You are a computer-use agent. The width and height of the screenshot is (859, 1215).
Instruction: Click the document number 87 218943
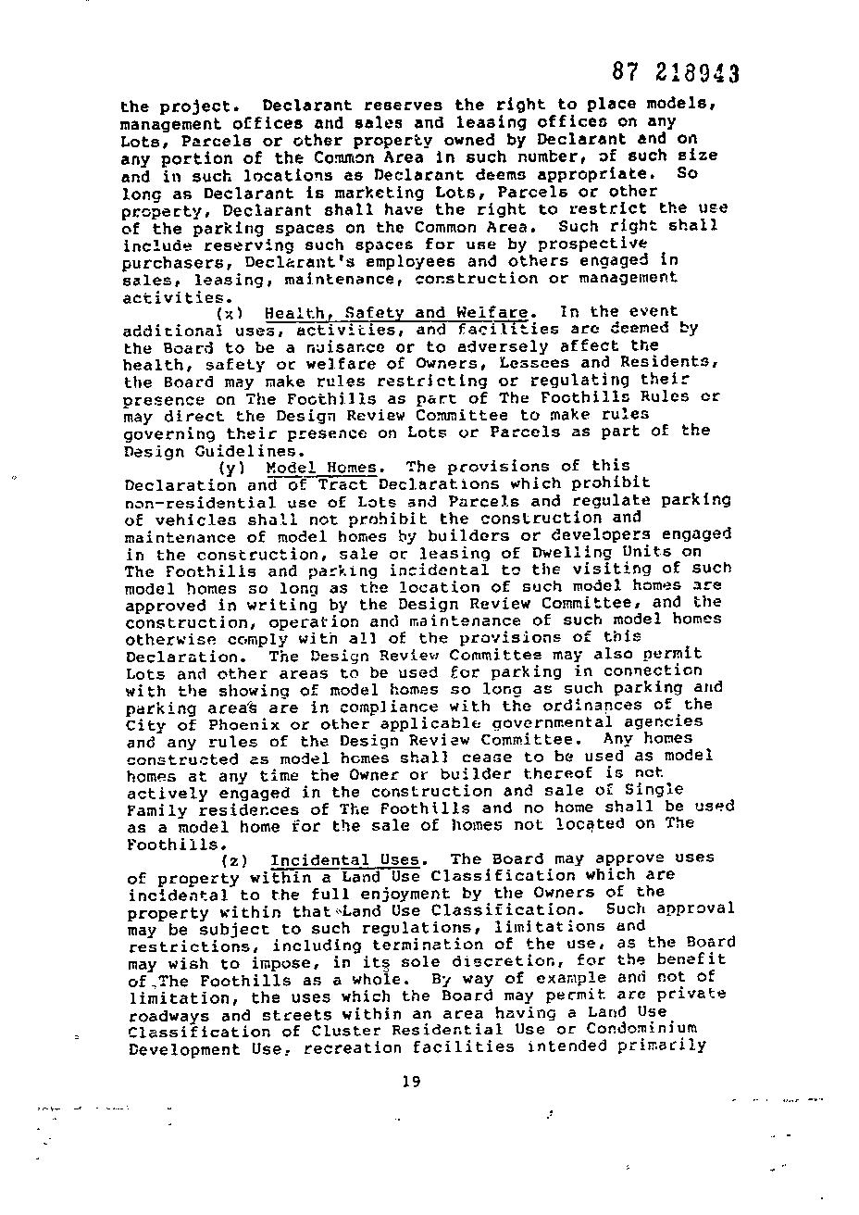point(676,73)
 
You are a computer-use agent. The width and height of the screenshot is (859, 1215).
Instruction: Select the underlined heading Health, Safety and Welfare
point(396,312)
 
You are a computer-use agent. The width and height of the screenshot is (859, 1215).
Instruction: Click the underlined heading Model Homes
point(321,468)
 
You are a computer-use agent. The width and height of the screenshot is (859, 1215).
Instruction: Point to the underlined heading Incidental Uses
point(344,859)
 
